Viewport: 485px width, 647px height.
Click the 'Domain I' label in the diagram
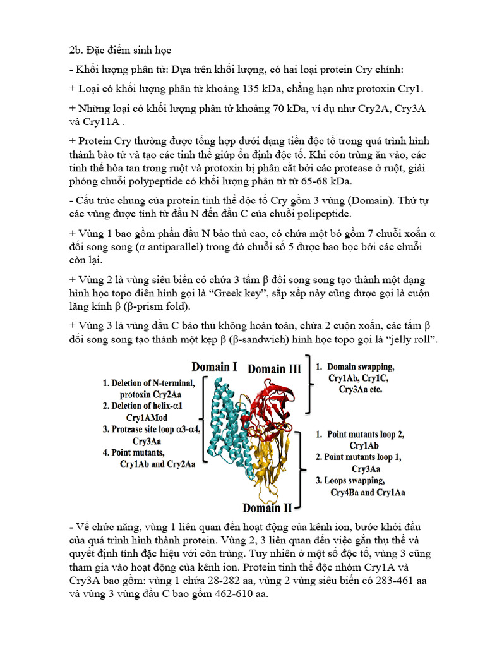point(215,366)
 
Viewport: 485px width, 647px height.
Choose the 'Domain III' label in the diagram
point(274,368)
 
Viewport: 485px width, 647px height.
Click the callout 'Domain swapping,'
point(360,367)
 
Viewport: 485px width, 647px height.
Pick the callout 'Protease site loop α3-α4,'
point(152,429)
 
